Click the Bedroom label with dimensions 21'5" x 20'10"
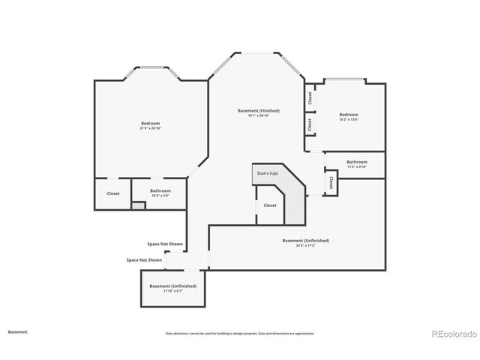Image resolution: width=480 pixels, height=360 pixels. [150, 123]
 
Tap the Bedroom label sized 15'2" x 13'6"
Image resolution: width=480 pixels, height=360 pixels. [349, 115]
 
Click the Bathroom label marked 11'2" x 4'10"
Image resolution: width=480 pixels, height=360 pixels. [357, 162]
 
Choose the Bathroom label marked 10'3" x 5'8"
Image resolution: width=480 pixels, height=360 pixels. [160, 190]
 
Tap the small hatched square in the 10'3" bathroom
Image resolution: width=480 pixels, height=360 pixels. [138, 205]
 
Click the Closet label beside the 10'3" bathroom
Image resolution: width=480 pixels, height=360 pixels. [113, 193]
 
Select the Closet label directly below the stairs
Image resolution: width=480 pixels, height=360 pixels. [270, 205]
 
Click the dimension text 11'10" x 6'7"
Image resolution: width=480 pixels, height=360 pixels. [172, 291]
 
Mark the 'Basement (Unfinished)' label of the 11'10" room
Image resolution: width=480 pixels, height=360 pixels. [172, 286]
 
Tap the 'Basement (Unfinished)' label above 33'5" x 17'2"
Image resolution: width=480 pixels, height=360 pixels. [305, 240]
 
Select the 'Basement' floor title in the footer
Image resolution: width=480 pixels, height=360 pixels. [18, 331]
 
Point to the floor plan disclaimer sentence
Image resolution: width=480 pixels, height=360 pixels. [240, 333]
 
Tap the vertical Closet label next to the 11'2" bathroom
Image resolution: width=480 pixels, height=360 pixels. [331, 182]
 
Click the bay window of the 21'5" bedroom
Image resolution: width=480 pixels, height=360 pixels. [151, 68]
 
